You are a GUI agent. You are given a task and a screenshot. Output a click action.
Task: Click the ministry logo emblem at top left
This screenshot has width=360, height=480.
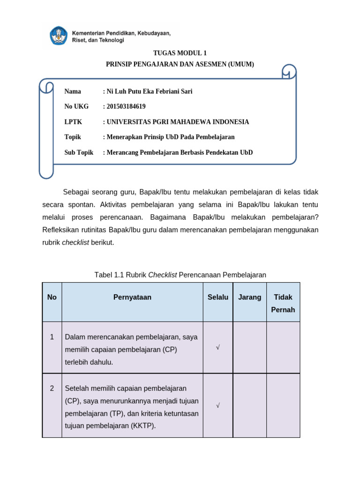(59, 36)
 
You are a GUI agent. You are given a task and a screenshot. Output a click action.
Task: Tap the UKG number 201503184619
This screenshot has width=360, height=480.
(126, 106)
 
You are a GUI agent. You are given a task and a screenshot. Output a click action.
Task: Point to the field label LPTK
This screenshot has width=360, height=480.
(73, 122)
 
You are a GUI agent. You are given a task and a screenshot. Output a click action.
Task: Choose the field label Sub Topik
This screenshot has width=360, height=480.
(79, 152)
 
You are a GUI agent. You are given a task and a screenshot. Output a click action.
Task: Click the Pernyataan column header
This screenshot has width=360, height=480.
(132, 297)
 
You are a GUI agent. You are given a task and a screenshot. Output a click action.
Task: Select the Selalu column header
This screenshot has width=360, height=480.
(218, 297)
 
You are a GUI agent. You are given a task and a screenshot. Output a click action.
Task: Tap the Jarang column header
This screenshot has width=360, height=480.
(250, 297)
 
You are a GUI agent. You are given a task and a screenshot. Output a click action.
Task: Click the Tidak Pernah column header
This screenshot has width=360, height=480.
(283, 303)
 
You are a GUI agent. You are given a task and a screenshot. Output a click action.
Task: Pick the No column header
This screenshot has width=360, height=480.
(52, 297)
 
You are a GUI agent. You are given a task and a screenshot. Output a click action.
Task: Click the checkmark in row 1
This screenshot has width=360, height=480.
(218, 347)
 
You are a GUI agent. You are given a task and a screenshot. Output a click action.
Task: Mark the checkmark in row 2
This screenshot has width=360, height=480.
(218, 405)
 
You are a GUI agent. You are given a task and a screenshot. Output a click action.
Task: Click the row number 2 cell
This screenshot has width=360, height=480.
(52, 388)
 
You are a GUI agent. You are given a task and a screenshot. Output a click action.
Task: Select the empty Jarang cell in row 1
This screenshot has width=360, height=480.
(250, 347)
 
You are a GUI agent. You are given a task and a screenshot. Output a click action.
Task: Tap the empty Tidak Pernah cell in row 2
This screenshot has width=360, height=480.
(283, 405)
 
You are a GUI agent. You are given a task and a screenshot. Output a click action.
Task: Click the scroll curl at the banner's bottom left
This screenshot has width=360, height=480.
(46, 172)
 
